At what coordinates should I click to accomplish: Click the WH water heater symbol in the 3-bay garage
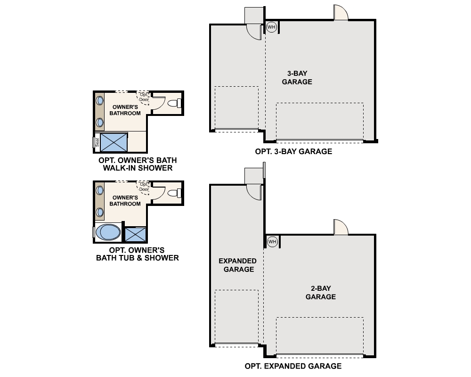pos(271,27)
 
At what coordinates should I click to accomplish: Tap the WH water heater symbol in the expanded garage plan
pos(272,242)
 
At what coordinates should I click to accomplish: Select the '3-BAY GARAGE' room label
pos(297,78)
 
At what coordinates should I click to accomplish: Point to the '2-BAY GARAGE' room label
pos(320,293)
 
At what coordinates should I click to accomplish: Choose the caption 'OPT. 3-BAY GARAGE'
pos(293,152)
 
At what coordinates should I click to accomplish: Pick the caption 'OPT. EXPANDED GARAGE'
pos(293,366)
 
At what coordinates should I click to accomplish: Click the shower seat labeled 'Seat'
pos(97,141)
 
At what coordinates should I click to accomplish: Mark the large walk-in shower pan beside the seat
pos(114,142)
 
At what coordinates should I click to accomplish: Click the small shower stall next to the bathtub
pos(135,234)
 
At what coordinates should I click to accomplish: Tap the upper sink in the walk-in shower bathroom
pos(100,100)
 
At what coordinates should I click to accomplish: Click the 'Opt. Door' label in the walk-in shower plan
pos(144,97)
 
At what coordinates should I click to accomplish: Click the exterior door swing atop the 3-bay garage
pos(341,13)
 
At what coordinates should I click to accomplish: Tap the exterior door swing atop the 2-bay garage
pos(341,228)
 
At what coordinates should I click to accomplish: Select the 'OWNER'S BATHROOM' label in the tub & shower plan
pos(125,201)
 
